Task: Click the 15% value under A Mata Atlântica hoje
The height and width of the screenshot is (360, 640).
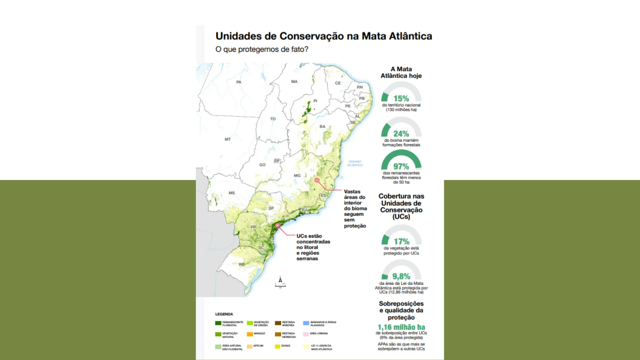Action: (401, 99)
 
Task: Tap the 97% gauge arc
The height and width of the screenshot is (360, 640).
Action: (401, 154)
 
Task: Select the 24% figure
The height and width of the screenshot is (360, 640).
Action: (401, 134)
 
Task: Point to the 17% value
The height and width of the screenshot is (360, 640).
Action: (401, 241)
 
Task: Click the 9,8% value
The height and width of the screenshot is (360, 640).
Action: (401, 276)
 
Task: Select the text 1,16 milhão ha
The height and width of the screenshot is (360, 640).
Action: (401, 327)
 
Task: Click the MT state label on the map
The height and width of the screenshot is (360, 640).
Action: (228, 139)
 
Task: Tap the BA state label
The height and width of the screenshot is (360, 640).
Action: (322, 127)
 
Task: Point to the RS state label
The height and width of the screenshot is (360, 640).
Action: (242, 264)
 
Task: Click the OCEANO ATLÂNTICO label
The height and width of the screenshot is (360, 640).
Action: (355, 163)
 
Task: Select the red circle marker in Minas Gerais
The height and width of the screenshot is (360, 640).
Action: (317, 180)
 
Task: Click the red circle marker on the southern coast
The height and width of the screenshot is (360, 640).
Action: (277, 226)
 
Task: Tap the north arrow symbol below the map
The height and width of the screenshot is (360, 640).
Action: (280, 281)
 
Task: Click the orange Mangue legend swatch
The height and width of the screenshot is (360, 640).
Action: (250, 334)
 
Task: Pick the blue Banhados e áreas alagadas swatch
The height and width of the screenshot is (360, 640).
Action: (306, 323)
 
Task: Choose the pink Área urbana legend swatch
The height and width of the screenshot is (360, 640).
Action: (306, 334)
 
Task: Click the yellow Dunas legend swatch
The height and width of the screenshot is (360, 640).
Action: (277, 346)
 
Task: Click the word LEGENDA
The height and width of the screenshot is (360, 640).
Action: (224, 314)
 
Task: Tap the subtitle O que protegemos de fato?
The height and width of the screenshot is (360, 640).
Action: (262, 49)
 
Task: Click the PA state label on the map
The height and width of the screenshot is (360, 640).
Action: (239, 82)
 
